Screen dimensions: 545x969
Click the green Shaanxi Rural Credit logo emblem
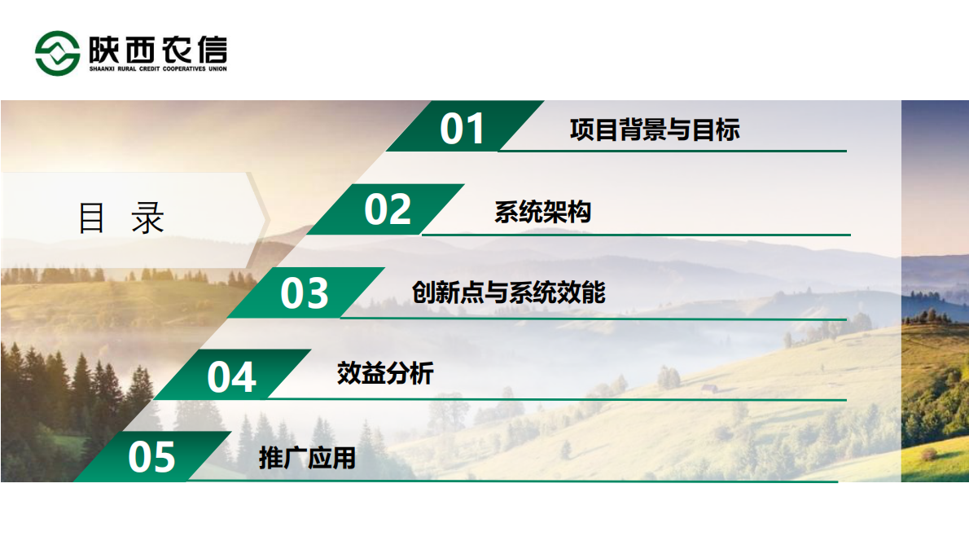(x=58, y=53)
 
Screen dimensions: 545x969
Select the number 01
(x=463, y=129)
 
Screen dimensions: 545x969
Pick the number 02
(x=388, y=209)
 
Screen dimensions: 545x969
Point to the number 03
(x=305, y=293)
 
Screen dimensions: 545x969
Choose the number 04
(x=231, y=376)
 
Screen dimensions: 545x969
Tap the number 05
(x=151, y=457)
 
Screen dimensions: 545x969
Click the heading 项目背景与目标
(x=655, y=130)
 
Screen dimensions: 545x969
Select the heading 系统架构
(x=542, y=213)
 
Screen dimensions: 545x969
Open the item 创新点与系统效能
(x=509, y=292)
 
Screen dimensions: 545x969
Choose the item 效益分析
(x=385, y=374)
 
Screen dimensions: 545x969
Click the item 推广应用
(x=307, y=458)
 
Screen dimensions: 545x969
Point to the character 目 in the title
(x=92, y=218)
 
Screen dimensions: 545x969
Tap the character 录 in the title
(x=148, y=218)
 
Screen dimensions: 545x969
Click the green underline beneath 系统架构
(x=635, y=235)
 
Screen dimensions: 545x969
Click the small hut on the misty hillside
(x=709, y=389)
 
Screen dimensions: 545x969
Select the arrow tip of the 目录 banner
(x=266, y=218)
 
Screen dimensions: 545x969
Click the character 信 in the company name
(x=209, y=48)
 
